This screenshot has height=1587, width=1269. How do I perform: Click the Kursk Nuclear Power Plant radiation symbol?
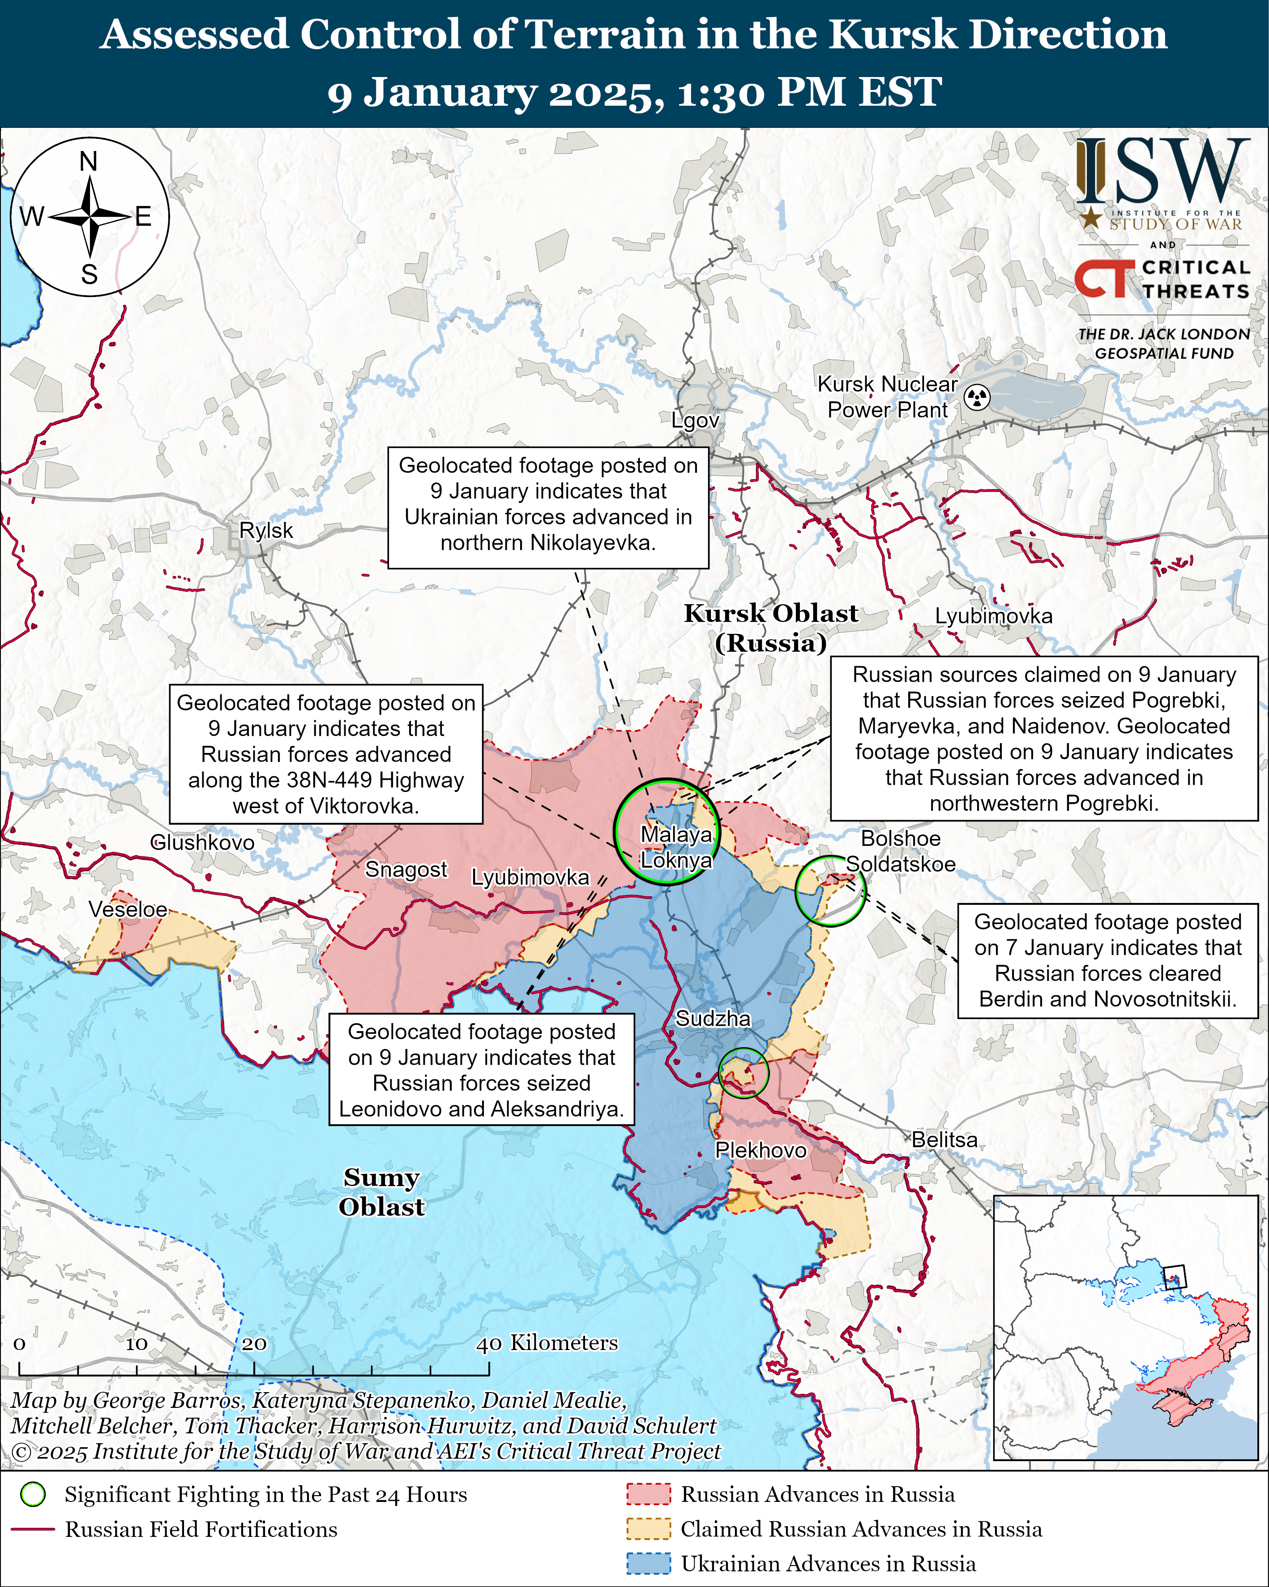pyautogui.click(x=977, y=397)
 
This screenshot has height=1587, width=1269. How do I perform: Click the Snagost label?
pyautogui.click(x=406, y=869)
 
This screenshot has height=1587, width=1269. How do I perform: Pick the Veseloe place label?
pyautogui.click(x=128, y=909)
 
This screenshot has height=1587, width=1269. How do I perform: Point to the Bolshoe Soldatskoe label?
pyautogui.click(x=901, y=852)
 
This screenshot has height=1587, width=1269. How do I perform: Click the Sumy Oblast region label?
pyautogui.click(x=381, y=1192)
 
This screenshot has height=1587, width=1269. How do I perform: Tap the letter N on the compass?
pyautogui.click(x=88, y=161)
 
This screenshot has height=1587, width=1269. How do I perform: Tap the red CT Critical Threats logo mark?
pyautogui.click(x=1103, y=279)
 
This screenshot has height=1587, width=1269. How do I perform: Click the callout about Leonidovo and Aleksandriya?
pyautogui.click(x=481, y=1070)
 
